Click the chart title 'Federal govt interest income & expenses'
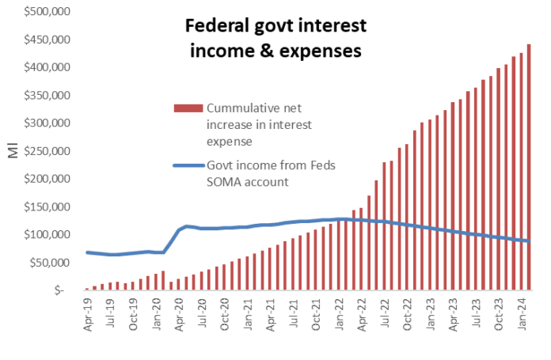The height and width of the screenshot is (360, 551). point(275,38)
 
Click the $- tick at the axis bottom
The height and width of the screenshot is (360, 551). point(59,291)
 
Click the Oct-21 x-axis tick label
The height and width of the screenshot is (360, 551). point(317,312)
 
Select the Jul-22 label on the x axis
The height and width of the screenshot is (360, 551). point(386,312)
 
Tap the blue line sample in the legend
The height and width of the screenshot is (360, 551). point(188,165)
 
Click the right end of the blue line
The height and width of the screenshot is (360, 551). point(529,241)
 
